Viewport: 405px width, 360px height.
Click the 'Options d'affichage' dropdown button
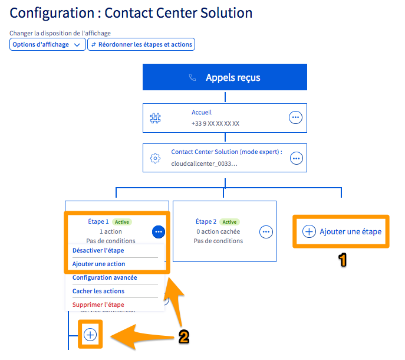48,44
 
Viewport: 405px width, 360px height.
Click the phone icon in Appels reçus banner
192,77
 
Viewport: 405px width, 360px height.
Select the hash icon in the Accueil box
156,118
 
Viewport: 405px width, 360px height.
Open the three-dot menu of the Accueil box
295,117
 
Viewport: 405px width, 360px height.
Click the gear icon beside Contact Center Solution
156,158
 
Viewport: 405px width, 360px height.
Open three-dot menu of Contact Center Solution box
296,158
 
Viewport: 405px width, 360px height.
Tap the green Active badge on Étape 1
122,222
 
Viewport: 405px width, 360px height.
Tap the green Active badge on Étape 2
229,222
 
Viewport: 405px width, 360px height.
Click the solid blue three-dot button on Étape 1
158,232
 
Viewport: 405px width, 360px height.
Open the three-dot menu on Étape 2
266,232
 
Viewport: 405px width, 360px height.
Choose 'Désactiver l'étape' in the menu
98,250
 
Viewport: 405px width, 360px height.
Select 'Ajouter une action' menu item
98,264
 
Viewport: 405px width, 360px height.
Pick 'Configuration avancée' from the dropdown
104,277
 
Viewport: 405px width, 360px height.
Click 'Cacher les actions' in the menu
98,291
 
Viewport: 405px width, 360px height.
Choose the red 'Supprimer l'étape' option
98,305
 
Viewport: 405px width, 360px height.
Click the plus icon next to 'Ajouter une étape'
309,231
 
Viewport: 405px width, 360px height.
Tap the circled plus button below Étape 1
90,335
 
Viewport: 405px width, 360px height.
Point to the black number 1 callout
341,260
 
